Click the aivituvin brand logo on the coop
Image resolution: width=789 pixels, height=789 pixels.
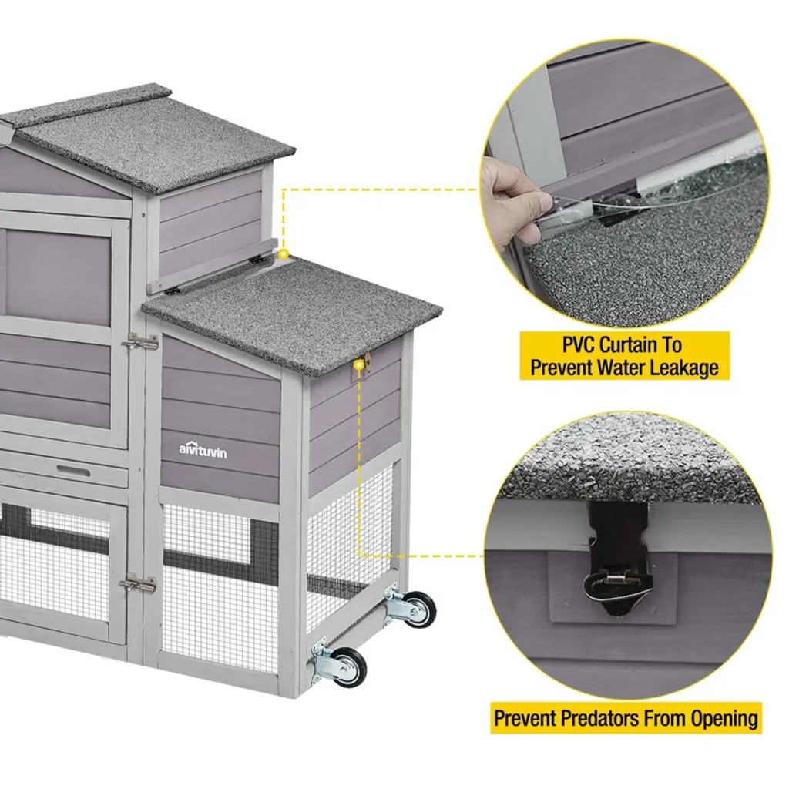tap(203, 449)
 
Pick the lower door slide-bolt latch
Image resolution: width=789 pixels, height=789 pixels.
tap(137, 584)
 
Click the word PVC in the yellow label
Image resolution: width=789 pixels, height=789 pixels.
tap(579, 345)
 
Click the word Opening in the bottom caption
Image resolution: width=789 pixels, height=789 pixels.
tap(724, 719)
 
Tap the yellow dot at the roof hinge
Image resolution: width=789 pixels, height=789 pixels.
tap(284, 254)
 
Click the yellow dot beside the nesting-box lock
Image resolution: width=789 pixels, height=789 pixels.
tap(359, 365)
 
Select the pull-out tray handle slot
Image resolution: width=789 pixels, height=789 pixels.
tap(73, 471)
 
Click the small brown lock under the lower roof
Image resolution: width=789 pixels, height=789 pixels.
tap(368, 362)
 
